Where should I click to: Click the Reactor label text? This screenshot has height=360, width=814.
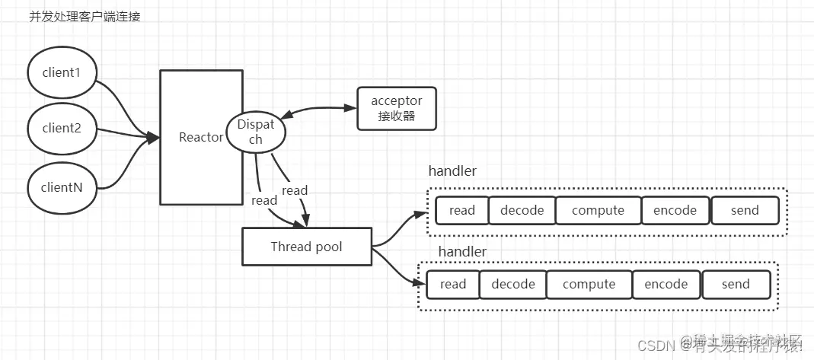201,138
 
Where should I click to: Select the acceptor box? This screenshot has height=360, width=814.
396,109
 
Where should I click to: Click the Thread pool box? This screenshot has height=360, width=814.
307,247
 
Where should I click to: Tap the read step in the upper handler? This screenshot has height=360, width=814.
461,211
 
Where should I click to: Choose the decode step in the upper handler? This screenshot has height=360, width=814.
522,211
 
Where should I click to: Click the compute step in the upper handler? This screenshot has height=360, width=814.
598,211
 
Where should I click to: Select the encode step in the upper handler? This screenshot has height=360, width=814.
675,211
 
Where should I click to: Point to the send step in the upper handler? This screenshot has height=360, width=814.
745,211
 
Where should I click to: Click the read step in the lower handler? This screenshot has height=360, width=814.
453,285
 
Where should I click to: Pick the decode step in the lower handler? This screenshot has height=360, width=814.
512,285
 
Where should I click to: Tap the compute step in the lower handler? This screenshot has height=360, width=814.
589,285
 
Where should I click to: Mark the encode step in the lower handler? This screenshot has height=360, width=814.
666,285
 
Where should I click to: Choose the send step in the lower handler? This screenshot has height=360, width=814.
736,285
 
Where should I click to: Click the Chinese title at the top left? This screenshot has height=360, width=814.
85,18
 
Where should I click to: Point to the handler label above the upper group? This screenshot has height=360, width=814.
452,171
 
